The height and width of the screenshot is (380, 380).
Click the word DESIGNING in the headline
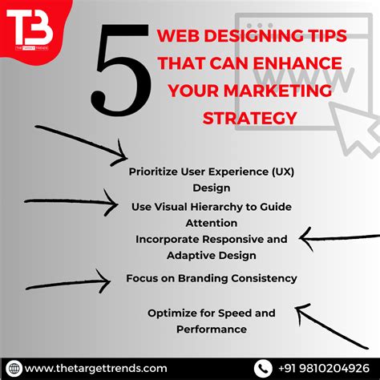point(240,36)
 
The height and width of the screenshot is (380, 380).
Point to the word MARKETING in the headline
point(286,90)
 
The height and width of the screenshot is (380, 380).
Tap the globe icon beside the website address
point(13,368)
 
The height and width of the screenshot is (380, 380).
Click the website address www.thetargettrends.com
point(96,368)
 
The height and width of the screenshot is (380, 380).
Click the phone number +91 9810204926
point(324,368)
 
